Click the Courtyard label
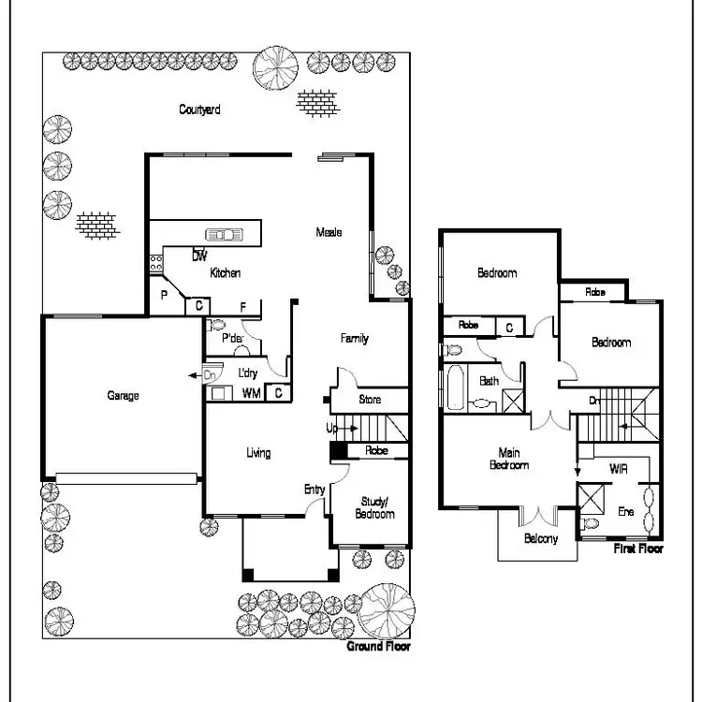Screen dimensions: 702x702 coord(199,110)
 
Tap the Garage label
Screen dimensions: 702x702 coord(122,396)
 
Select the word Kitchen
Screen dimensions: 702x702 coord(226,273)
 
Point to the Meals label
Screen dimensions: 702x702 coord(329,232)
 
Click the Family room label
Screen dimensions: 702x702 coord(354,339)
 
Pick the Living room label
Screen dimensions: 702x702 coord(258,453)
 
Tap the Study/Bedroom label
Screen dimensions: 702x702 coord(374,508)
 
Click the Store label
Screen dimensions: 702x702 coord(371,401)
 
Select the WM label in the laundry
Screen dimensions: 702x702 coord(251,393)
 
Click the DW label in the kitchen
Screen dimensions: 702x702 coord(199,256)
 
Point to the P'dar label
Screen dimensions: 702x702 coord(233,339)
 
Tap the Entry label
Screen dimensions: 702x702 coord(314,490)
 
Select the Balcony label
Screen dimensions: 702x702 coord(541,538)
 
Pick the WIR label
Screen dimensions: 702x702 coord(618,468)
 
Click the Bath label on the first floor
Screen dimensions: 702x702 coord(489,381)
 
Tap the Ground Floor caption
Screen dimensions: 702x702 coord(378,647)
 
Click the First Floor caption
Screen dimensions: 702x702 coord(638,548)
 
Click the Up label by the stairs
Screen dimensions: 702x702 coord(331,428)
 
